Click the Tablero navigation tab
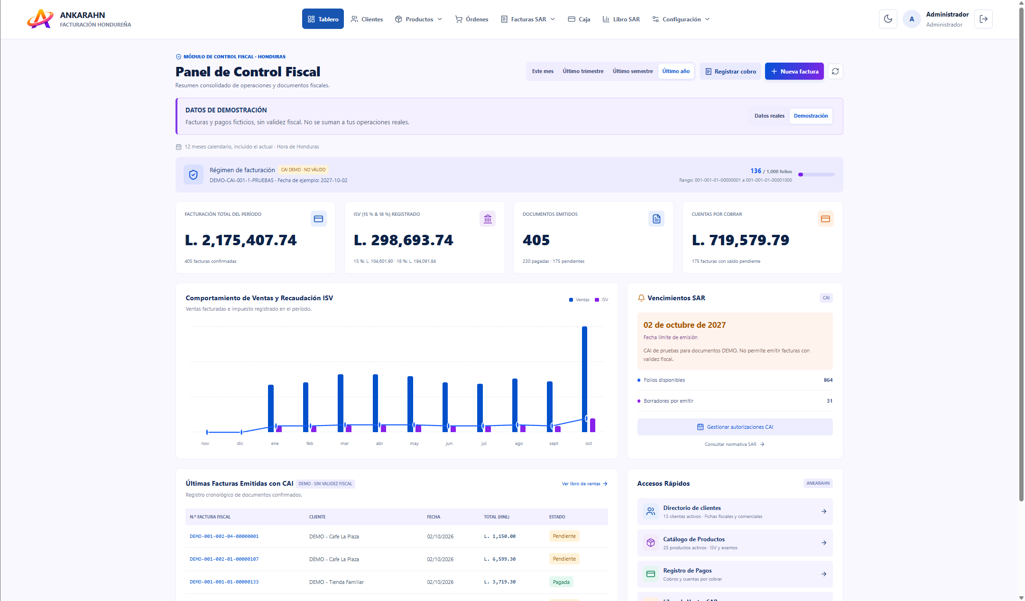pyautogui.click(x=323, y=19)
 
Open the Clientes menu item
pyautogui.click(x=367, y=19)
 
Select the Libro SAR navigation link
pyautogui.click(x=621, y=19)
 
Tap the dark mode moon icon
pyautogui.click(x=888, y=19)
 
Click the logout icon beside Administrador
pyautogui.click(x=983, y=19)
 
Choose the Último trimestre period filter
pyautogui.click(x=583, y=71)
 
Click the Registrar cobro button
pyautogui.click(x=730, y=72)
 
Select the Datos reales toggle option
pyautogui.click(x=769, y=116)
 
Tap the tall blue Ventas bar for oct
pyautogui.click(x=584, y=379)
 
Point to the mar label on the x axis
pyautogui.click(x=344, y=444)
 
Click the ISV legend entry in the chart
pyautogui.click(x=601, y=300)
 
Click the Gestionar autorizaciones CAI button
pyautogui.click(x=735, y=427)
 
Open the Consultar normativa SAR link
pyautogui.click(x=734, y=444)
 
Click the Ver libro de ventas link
pyautogui.click(x=584, y=484)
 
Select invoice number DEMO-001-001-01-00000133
pyautogui.click(x=224, y=582)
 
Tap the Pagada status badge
pyautogui.click(x=561, y=582)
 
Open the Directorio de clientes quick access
pyautogui.click(x=735, y=511)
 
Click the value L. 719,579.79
pyautogui.click(x=740, y=240)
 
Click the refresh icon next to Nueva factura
pyautogui.click(x=835, y=72)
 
